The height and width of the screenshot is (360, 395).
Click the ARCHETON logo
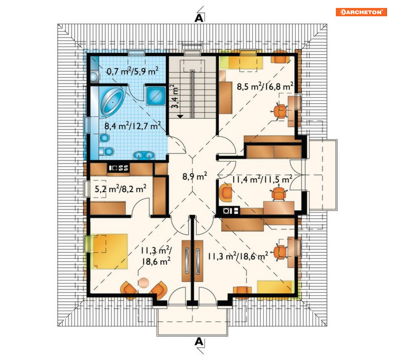pyautogui.click(x=361, y=12)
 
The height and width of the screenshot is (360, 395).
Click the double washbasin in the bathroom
pyautogui.click(x=144, y=156)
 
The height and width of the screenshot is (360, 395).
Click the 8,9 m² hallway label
pyautogui.click(x=195, y=176)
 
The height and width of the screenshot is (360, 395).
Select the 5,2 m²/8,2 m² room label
pyautogui.click(x=120, y=189)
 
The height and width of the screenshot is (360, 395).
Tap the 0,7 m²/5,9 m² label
pyautogui.click(x=133, y=71)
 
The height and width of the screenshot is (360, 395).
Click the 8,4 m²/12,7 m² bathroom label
pyautogui.click(x=133, y=125)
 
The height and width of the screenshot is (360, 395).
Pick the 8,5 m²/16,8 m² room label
pyautogui.click(x=265, y=86)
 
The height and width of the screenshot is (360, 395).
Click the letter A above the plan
pyautogui.click(x=199, y=18)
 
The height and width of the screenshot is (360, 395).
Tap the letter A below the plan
pyautogui.click(x=199, y=342)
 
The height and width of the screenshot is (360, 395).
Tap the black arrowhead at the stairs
pyautogui.click(x=180, y=116)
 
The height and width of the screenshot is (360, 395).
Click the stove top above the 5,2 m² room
pyautogui.click(x=118, y=168)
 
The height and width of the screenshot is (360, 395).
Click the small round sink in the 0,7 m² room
pyautogui.click(x=94, y=76)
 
